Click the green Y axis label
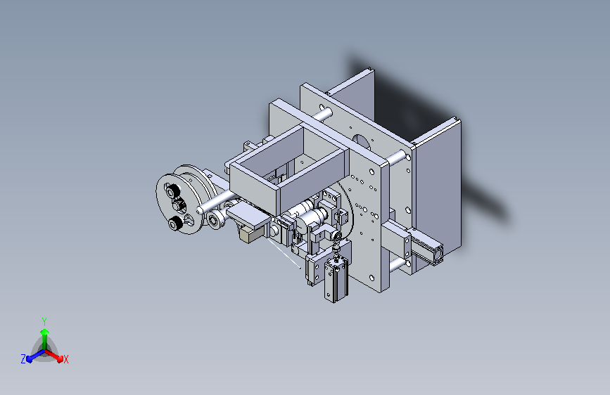point(44,321)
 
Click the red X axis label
point(65,359)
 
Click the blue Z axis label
point(23,359)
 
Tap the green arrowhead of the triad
point(45,332)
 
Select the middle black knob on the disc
point(179,204)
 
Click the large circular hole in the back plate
point(362,141)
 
